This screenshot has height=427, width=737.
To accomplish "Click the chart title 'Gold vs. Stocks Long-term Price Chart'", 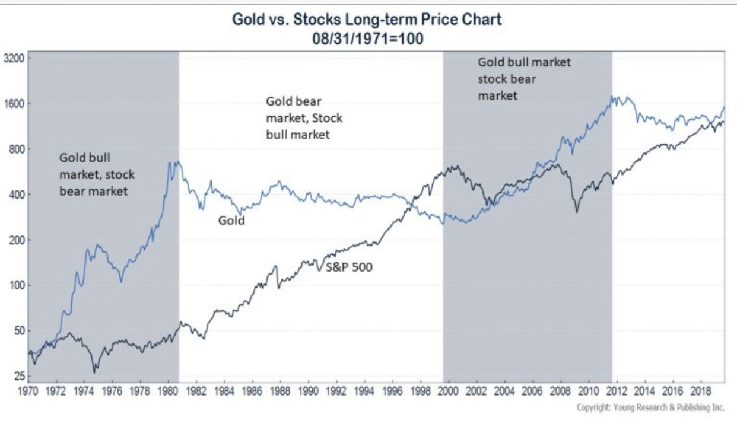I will (367, 19).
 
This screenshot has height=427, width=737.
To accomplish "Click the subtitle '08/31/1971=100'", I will (367, 38).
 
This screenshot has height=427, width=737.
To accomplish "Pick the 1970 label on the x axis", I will (28, 392).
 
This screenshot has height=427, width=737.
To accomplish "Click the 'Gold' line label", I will (231, 221).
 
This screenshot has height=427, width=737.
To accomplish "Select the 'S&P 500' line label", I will (349, 267).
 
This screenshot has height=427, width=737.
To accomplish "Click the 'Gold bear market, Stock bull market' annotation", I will (304, 118).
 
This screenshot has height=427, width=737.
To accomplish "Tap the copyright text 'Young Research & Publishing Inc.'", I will (651, 407).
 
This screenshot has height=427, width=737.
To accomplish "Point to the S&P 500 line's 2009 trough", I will (576, 212).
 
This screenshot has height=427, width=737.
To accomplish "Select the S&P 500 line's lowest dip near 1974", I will (94, 372).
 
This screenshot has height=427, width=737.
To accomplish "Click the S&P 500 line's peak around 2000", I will (453, 167).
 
